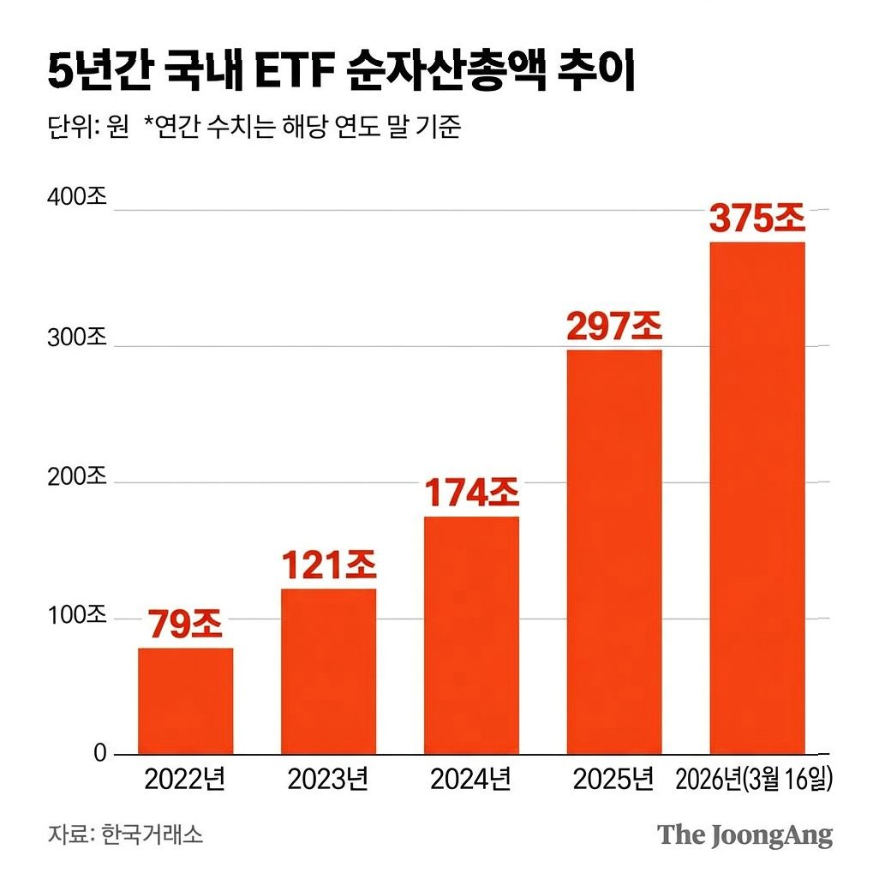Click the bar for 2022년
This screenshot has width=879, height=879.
186,701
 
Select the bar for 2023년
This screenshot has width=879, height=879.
328,671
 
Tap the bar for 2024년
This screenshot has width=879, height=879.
471,635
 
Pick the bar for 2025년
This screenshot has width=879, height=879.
614,552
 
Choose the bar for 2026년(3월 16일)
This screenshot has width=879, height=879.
757,498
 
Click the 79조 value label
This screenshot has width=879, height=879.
186,624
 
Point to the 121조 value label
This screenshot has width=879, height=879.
328,565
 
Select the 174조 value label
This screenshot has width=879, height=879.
471,493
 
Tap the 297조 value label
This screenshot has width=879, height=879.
614,326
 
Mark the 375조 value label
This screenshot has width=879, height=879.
757,218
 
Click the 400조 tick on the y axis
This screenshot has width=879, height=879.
77,197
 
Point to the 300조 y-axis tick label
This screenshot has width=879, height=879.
77,338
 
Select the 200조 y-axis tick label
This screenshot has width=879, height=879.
77,476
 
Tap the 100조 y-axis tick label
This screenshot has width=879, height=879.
77,615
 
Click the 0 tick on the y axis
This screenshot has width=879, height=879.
99,753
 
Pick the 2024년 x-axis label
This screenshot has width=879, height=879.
470,779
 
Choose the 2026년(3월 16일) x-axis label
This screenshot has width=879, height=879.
754,780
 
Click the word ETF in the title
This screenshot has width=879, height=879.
295,72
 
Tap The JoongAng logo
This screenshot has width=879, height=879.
745,835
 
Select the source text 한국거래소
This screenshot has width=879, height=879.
152,834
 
